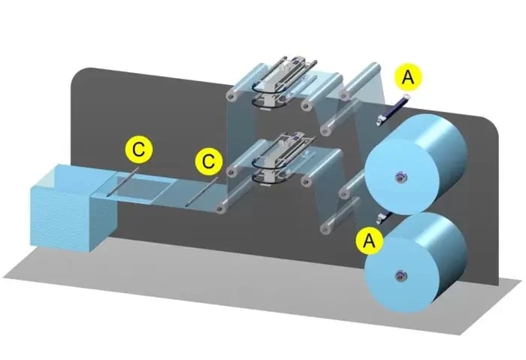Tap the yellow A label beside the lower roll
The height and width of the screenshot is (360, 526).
click(368, 241)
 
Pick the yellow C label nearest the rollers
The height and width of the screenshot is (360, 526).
click(208, 161)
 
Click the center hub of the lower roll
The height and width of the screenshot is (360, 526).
click(398, 276)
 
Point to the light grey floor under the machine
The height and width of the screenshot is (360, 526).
click(225, 293)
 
